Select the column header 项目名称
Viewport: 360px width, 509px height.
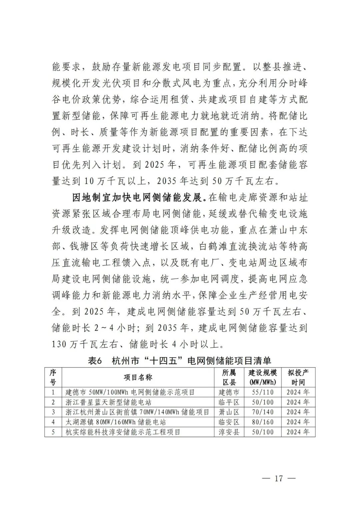138,377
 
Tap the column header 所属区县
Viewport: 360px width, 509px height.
229,377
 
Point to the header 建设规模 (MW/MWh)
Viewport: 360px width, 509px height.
263,377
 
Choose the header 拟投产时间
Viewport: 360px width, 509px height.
298,377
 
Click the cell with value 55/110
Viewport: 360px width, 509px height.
263,392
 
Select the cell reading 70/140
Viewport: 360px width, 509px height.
263,412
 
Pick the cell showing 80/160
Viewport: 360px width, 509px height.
263,422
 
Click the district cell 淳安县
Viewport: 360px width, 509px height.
229,432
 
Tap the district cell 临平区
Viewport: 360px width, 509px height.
229,402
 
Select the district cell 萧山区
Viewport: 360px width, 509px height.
229,412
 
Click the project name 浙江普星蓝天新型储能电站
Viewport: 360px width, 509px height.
108,402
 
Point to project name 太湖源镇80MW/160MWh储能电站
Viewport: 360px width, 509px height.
116,422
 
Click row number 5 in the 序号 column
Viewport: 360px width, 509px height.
53,432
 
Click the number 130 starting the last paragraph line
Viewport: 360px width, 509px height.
59,344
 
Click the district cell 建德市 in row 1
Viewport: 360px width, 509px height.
229,392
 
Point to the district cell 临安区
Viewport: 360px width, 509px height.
229,422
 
